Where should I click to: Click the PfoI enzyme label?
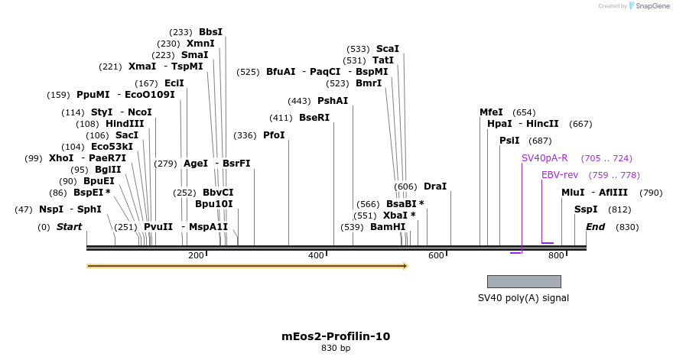pyautogui.click(x=274, y=135)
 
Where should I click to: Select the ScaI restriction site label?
pyautogui.click(x=388, y=48)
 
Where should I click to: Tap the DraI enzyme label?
pyautogui.click(x=434, y=186)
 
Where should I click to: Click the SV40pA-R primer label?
pyautogui.click(x=545, y=158)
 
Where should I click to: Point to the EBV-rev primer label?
pyautogui.click(x=560, y=175)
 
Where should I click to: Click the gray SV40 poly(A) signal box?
pyautogui.click(x=524, y=281)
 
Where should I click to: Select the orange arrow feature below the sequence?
pyautogui.click(x=247, y=266)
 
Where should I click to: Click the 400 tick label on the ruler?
pyautogui.click(x=316, y=255)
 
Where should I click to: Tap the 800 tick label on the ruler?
pyautogui.click(x=556, y=255)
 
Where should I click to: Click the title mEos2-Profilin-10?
pyautogui.click(x=336, y=336)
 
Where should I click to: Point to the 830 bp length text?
pyautogui.click(x=336, y=349)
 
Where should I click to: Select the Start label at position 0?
pyautogui.click(x=69, y=227)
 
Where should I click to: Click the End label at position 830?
pyautogui.click(x=595, y=227)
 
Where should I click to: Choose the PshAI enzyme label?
pyautogui.click(x=333, y=101)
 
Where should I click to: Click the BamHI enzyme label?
pyautogui.click(x=388, y=227)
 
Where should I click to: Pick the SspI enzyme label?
pyautogui.click(x=586, y=209)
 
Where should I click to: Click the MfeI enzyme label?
pyautogui.click(x=491, y=112)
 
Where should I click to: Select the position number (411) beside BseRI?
pyautogui.click(x=281, y=118)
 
